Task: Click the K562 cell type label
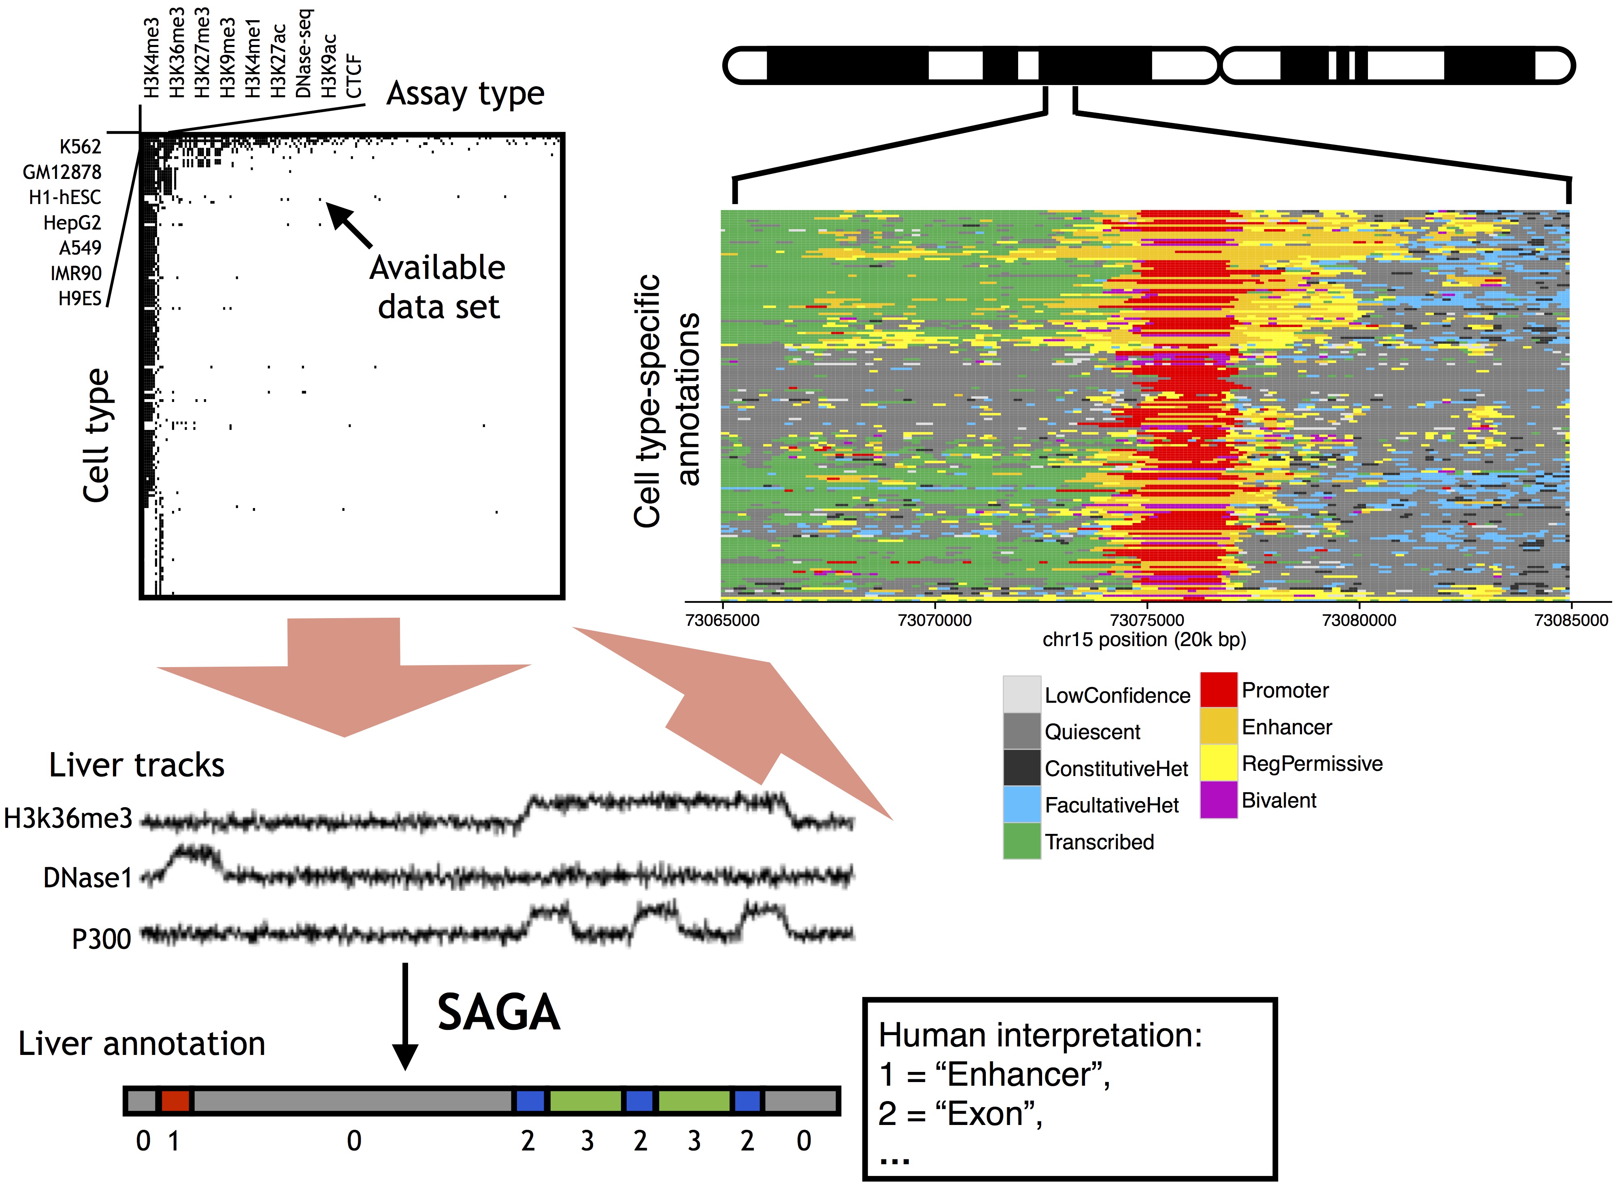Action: pyautogui.click(x=80, y=147)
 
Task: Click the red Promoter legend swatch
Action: pyautogui.click(x=1219, y=690)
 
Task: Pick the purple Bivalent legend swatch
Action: pyautogui.click(x=1219, y=800)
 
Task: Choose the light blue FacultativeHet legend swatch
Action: pyautogui.click(x=1021, y=804)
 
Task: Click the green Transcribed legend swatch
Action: pyautogui.click(x=1021, y=841)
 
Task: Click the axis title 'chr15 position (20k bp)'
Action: pyautogui.click(x=1144, y=640)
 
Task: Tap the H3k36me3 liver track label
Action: pyautogui.click(x=68, y=818)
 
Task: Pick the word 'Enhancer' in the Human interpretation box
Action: pyautogui.click(x=1027, y=1075)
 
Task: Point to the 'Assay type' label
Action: pyautogui.click(x=465, y=94)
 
